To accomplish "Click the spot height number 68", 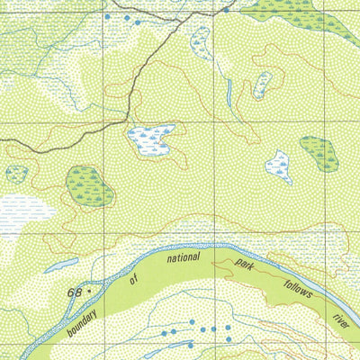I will point(75,292).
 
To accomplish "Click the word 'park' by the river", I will point(246,266).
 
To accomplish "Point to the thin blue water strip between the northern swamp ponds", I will point(229,91).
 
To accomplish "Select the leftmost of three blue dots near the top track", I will point(108,17).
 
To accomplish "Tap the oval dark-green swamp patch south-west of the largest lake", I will point(89,185).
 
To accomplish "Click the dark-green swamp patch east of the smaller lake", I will point(319,154).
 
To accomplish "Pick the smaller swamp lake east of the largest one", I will point(279,166).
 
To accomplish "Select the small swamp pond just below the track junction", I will point(201,39).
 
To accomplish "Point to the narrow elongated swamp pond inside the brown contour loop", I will point(263,85).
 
